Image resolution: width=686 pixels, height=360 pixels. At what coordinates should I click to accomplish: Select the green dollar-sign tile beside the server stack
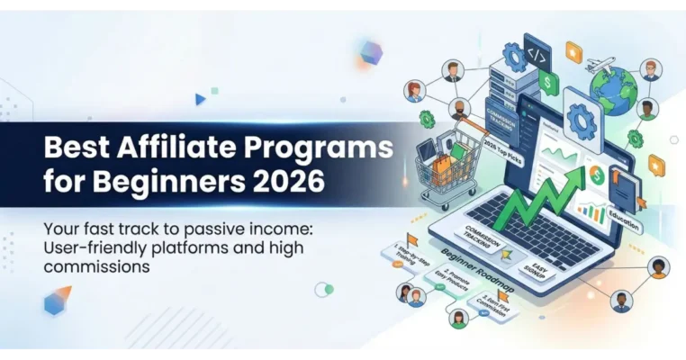tap(546, 82)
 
